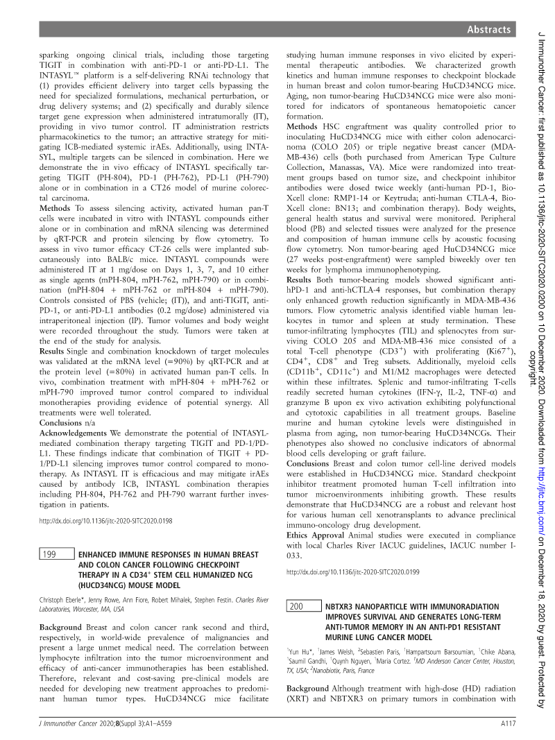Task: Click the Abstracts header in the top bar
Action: (x=489, y=30)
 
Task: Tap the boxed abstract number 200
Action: (x=296, y=606)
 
